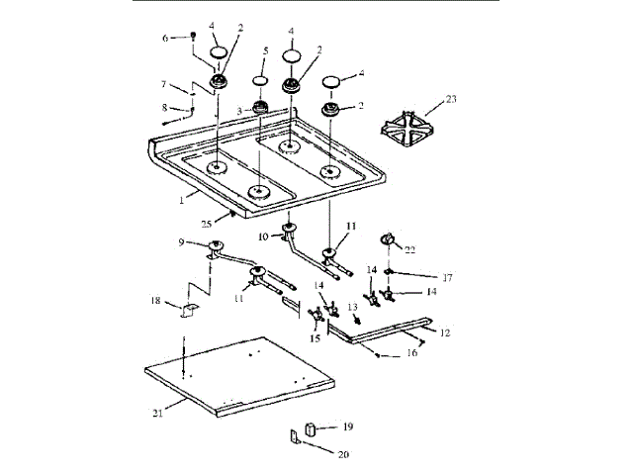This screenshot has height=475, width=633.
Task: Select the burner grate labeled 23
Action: pos(413,130)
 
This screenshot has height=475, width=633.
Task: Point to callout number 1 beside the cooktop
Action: pos(182,199)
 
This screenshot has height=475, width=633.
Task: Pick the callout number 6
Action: pos(166,38)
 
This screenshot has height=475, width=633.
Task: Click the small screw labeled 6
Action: pos(192,37)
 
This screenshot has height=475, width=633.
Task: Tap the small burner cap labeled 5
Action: pos(259,80)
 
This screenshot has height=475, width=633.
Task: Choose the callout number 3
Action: pos(237,110)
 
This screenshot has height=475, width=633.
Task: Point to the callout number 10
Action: pos(264,237)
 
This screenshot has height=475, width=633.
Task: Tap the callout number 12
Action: pos(445,332)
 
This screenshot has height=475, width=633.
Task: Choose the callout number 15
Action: pos(315,337)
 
